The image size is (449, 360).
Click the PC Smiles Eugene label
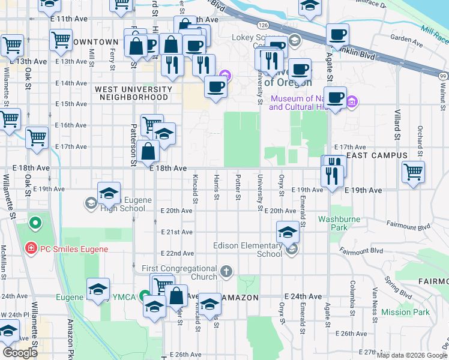click(74, 249)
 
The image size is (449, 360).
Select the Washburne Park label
click(339, 223)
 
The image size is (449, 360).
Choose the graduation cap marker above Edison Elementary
click(288, 232)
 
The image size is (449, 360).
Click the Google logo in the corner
click(20, 353)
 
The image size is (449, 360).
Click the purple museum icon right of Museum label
click(352, 102)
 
